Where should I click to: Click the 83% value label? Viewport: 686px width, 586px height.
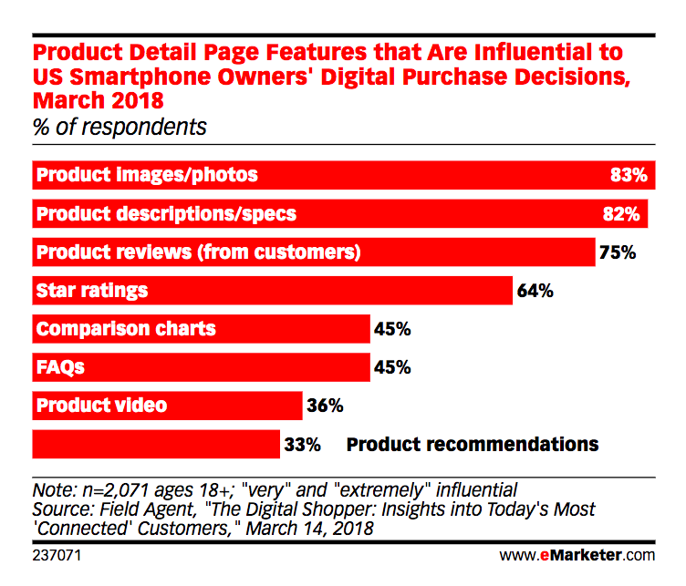pyautogui.click(x=629, y=174)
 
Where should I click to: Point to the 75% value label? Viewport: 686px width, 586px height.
pyautogui.click(x=617, y=252)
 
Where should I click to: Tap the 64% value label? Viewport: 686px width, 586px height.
pyautogui.click(x=535, y=292)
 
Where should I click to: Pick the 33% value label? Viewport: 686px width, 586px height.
pyautogui.click(x=302, y=445)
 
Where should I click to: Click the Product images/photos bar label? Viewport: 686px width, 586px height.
pyautogui.click(x=146, y=174)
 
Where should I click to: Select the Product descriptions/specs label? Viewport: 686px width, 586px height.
pyautogui.click(x=165, y=214)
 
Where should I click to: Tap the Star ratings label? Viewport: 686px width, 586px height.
pyautogui.click(x=91, y=292)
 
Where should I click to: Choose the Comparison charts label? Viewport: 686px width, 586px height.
pyautogui.click(x=125, y=329)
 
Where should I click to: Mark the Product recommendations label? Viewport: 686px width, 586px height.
pyautogui.click(x=473, y=445)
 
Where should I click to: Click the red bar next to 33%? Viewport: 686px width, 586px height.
pyautogui.click(x=155, y=445)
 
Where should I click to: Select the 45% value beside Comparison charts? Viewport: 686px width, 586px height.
pyautogui.click(x=392, y=329)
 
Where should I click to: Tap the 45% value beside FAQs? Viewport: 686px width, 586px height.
pyautogui.click(x=392, y=368)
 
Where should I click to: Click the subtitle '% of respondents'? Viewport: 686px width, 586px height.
pyautogui.click(x=120, y=127)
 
